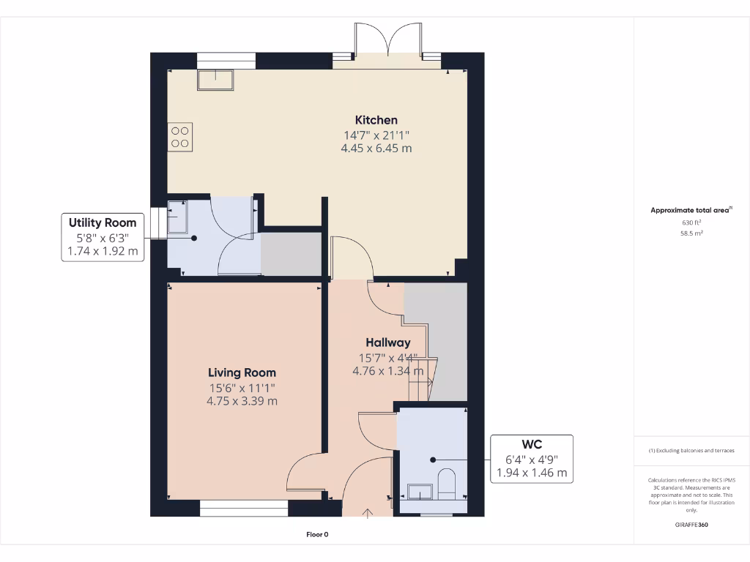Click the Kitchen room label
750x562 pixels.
coord(376,120)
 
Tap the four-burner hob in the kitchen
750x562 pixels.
coord(181,137)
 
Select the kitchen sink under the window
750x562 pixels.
coord(215,80)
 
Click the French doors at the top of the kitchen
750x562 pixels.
coord(387,43)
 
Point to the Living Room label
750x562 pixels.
coord(242,372)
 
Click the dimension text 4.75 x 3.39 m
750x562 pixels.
coord(242,401)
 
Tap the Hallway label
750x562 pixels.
coord(387,342)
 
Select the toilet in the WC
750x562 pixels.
coord(446,484)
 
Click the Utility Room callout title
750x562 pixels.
coord(103,222)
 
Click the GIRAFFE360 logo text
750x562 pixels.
coord(691,525)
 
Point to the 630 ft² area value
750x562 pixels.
coord(691,222)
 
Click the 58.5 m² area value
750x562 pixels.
coord(691,232)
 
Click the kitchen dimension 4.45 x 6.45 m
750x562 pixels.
coord(376,148)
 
